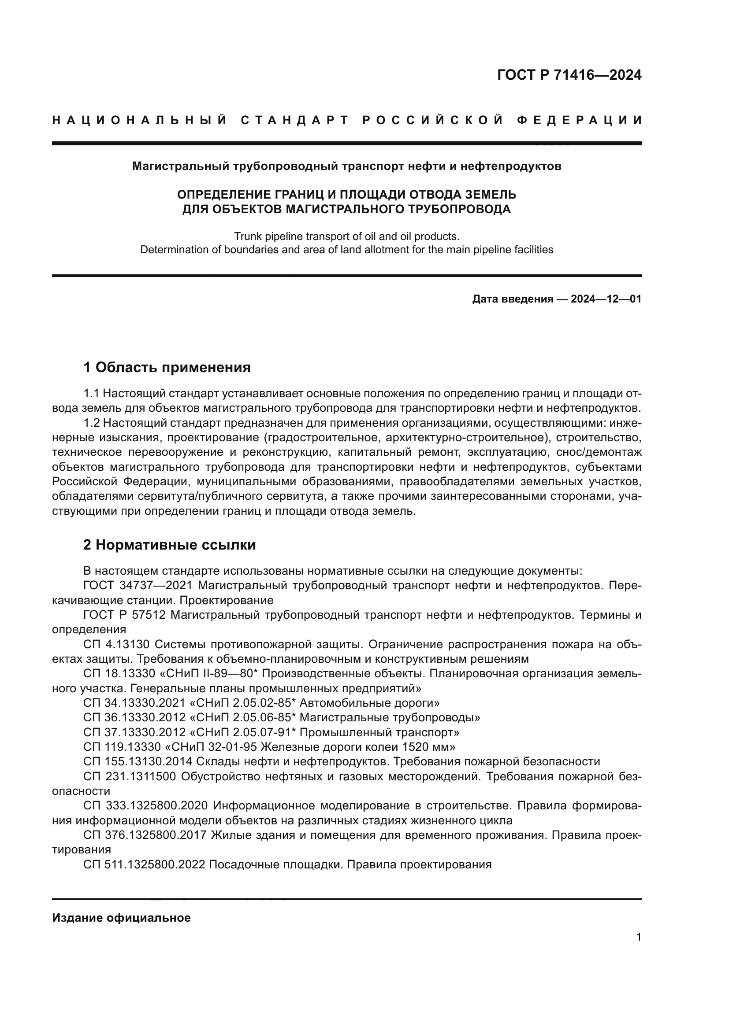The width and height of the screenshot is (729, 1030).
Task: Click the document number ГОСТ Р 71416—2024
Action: click(x=569, y=75)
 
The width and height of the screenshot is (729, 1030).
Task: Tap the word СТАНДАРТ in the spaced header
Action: click(x=294, y=120)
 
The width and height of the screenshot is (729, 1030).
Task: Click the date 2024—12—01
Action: click(x=606, y=299)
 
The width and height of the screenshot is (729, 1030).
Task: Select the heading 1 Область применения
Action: click(x=167, y=367)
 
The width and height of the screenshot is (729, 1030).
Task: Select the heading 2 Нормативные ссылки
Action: click(x=169, y=545)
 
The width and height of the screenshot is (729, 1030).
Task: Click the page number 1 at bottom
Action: click(x=638, y=937)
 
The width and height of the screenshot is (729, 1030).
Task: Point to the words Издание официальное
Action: click(x=121, y=914)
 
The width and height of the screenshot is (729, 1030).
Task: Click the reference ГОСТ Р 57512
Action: click(x=125, y=615)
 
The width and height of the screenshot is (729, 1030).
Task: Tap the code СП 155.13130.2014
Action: click(x=138, y=761)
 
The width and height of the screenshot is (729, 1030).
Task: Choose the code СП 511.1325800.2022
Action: click(x=144, y=864)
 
